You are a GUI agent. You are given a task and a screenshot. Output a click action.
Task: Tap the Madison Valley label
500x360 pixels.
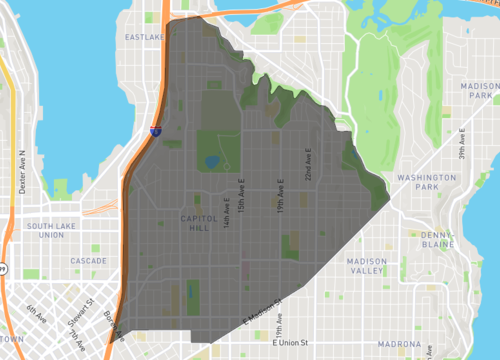[x=365, y=266]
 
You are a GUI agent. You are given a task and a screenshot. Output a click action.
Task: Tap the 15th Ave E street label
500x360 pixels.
[x=243, y=196]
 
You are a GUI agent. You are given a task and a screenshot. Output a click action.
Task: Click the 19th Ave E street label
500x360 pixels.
[x=282, y=193]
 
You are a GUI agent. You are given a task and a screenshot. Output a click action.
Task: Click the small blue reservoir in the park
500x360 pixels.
[x=213, y=159]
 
